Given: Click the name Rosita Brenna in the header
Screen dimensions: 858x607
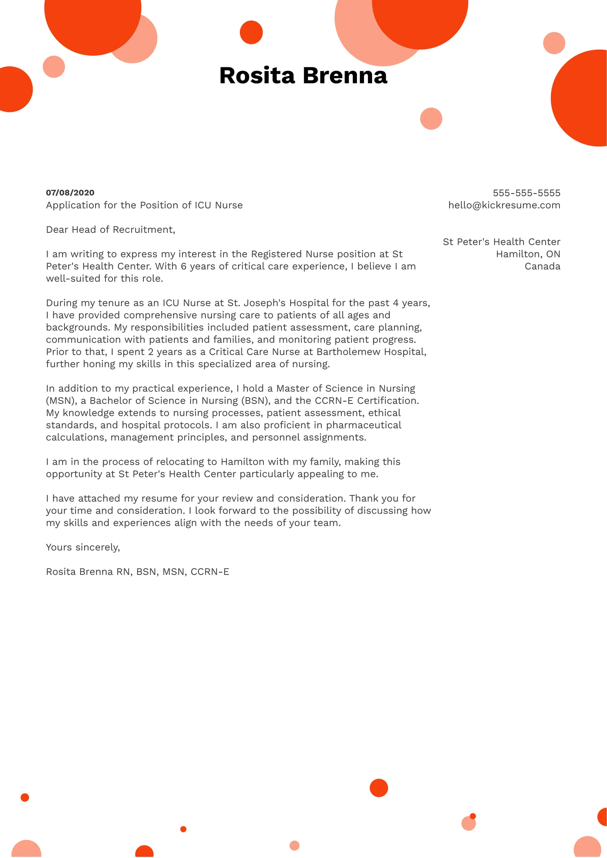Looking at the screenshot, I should tap(303, 76).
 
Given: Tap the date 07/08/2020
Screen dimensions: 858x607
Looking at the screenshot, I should tap(70, 193).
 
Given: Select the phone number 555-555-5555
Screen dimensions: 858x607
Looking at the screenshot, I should tap(526, 193).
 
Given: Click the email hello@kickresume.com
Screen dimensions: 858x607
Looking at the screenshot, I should tap(504, 205).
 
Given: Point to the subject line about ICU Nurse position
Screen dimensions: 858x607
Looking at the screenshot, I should tap(144, 205).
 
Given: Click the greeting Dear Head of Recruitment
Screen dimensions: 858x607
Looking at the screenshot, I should tap(110, 230).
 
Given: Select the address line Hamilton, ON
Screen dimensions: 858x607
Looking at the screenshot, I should tap(528, 254).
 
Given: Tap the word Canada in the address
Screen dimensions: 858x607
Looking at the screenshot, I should tap(542, 267).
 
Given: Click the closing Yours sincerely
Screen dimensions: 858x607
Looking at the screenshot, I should tap(83, 547).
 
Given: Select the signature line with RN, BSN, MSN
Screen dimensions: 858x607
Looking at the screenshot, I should tap(137, 572).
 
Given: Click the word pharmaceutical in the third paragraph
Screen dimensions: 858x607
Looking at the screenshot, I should tap(363, 425).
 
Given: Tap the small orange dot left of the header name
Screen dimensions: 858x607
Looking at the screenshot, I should tap(251, 32).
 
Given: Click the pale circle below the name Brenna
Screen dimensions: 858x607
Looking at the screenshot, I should tap(431, 119).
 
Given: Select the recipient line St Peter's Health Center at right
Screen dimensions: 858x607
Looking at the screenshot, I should tap(501, 242).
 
